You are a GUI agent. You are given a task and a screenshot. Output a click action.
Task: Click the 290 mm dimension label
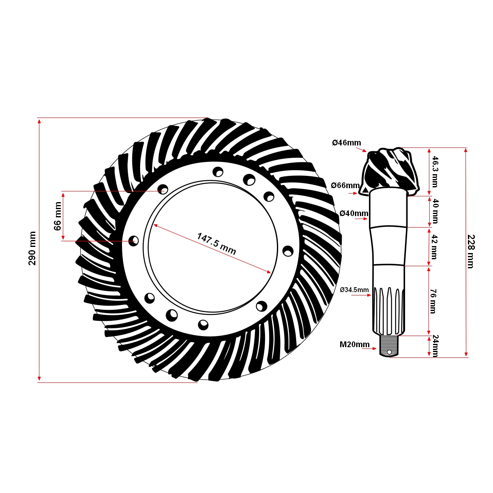tap(32, 248)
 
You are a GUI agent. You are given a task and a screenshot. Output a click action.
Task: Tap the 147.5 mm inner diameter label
tap(217, 244)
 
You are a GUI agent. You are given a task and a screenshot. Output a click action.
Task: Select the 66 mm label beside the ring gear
tap(58, 216)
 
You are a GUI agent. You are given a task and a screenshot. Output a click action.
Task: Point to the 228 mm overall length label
tap(471, 251)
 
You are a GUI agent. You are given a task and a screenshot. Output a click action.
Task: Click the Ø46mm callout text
tap(346, 143)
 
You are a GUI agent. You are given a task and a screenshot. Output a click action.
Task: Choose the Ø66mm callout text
tap(345, 185)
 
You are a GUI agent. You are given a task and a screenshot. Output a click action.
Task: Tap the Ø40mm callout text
tap(354, 213)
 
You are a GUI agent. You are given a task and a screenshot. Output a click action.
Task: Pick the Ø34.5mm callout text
tap(354, 290)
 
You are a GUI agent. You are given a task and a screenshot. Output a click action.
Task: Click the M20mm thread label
tap(354, 344)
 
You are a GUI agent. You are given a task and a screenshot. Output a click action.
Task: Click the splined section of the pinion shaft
tap(388, 310)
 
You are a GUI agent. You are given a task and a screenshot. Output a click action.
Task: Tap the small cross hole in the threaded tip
tap(389, 352)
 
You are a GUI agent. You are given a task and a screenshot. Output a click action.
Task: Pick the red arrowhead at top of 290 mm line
tap(39, 120)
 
